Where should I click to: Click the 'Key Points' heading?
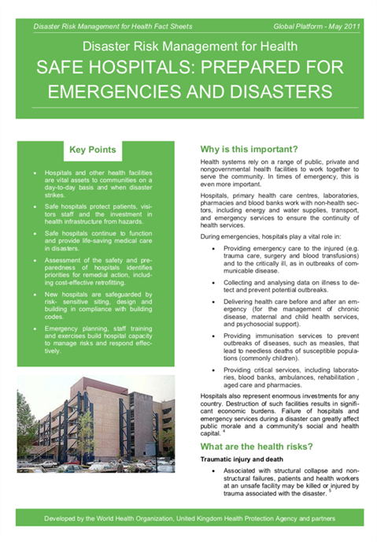tap(93, 150)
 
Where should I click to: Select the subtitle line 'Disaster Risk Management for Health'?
tap(188, 47)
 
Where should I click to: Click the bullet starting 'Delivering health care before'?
tap(284, 315)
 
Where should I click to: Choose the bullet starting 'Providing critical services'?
tap(284, 378)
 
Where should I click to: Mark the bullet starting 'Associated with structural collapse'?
tap(284, 484)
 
